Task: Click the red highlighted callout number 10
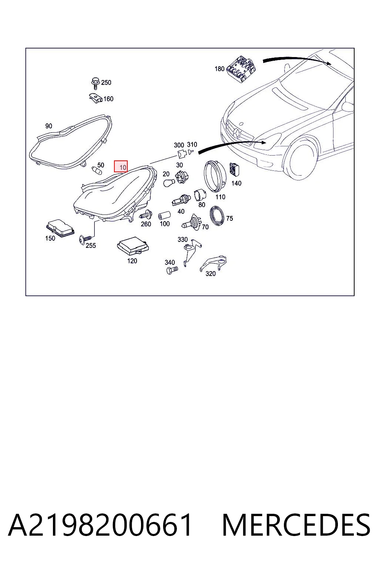click(121, 166)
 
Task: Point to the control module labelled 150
click(60, 228)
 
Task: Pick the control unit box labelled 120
click(133, 246)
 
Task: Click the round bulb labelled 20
click(169, 182)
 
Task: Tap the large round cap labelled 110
click(215, 176)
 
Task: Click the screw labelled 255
click(85, 239)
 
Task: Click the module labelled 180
click(241, 69)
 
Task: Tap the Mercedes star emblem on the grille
click(238, 133)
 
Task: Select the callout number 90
click(48, 126)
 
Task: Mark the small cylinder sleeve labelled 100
click(164, 216)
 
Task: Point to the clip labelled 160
click(96, 98)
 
